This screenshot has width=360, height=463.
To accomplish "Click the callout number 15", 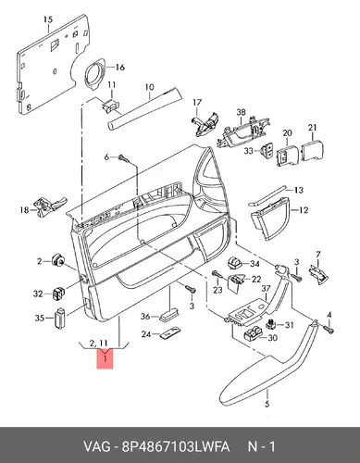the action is coord(48,20).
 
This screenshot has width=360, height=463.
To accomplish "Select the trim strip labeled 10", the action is coord(144,108).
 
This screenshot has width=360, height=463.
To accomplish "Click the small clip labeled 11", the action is coord(109,106).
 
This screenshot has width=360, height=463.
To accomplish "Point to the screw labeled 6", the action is coord(123,157).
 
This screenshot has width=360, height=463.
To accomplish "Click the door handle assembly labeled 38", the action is coord(243,133).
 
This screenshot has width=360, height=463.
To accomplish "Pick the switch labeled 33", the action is coord(267,151).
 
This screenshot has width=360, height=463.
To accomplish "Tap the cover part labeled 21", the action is coord(312,151).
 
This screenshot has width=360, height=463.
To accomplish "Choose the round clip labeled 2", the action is coord(57,260).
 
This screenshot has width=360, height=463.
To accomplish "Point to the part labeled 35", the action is coord(60,317).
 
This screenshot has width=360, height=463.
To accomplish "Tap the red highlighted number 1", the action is coord(106,358).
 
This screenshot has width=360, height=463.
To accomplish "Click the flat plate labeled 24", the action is coord(170,333).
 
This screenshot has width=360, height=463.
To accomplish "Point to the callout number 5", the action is coord(267,403).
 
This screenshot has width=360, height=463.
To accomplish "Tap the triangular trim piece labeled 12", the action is coord(270,219).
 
